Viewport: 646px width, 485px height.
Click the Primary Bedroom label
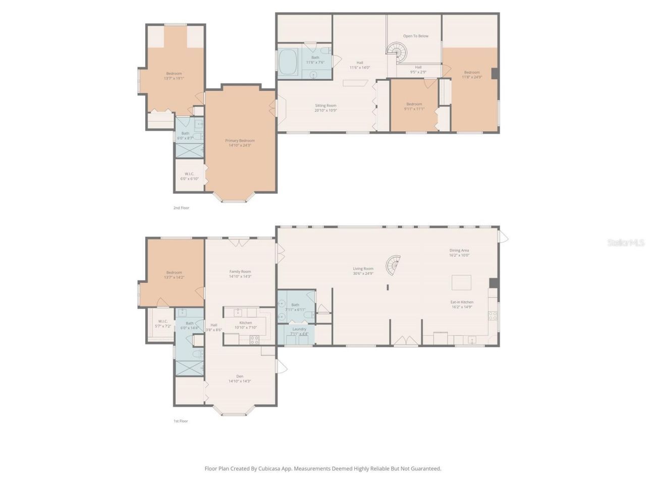point(240,141)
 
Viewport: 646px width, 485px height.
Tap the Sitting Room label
point(326,106)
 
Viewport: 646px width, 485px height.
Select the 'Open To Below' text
point(415,36)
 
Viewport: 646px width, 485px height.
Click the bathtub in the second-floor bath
point(289,63)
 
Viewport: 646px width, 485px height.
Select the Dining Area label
point(459,251)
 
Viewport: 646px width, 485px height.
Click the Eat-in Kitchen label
point(462,302)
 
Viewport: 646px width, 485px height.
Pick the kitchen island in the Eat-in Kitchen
point(461,282)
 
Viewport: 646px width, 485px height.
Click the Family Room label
point(240,272)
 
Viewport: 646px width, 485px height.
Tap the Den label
point(240,376)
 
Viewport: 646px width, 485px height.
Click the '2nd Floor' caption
point(181,208)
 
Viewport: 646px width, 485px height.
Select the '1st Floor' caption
point(181,421)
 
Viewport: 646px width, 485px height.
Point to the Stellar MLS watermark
point(626,243)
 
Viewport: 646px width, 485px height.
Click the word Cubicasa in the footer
point(271,469)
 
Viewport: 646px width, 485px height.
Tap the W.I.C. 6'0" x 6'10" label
point(189,174)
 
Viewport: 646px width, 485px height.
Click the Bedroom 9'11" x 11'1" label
point(414,104)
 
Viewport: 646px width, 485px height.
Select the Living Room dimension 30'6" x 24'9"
point(363,274)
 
